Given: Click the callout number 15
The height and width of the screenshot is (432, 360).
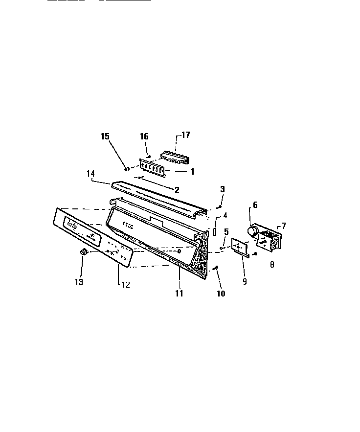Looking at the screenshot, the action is pos(105,136).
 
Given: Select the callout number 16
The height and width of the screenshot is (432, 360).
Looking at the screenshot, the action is pos(144,136).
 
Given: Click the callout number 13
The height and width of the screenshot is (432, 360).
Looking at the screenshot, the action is pos(79,282).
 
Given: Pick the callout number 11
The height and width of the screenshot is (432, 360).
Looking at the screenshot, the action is pos(179,294).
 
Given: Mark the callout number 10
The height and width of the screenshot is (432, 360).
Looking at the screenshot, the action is pos(221,294).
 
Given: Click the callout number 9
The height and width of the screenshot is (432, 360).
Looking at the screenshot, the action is pos(245,282).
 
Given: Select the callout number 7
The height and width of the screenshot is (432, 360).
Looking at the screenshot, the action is pos(284,226).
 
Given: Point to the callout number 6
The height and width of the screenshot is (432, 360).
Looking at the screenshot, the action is pos(254,205).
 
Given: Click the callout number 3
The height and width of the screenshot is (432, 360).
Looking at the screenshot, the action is pos(222,189).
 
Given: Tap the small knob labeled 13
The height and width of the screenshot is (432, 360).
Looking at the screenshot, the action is pos(83,251).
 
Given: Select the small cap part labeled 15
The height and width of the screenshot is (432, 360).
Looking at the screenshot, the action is pos(127,169).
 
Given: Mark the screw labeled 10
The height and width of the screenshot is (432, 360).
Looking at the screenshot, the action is pos(216,268).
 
